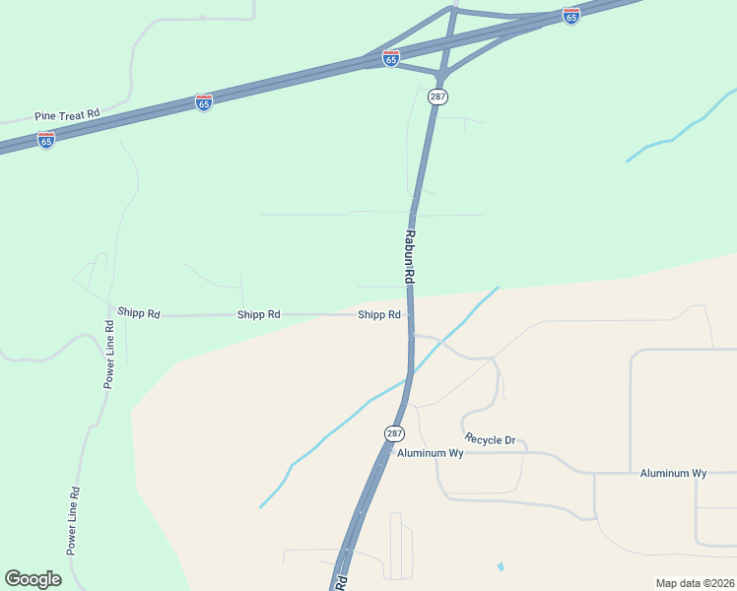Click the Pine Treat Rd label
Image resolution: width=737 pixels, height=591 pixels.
pyautogui.click(x=67, y=115)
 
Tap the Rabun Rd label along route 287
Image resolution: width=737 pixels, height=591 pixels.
pyautogui.click(x=409, y=258)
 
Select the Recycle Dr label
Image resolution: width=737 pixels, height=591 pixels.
pyautogui.click(x=490, y=439)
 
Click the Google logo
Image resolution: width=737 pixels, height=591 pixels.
pyautogui.click(x=33, y=579)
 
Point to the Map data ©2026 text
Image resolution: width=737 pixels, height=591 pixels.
pyautogui.click(x=695, y=582)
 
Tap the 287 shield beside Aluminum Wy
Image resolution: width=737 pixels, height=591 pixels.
pyautogui.click(x=394, y=433)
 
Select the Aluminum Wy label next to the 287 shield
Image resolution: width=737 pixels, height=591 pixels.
pyautogui.click(x=430, y=453)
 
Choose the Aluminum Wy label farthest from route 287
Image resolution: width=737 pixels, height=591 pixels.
pyautogui.click(x=673, y=473)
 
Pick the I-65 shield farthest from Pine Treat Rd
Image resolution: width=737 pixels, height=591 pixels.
pyautogui.click(x=570, y=16)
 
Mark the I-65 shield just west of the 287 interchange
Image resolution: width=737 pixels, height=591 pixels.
pyautogui.click(x=391, y=58)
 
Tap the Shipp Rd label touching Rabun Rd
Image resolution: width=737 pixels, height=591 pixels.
pyautogui.click(x=379, y=315)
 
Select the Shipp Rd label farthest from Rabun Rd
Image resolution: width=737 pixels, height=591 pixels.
pyautogui.click(x=139, y=313)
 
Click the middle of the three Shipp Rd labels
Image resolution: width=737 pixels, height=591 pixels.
pyautogui.click(x=259, y=314)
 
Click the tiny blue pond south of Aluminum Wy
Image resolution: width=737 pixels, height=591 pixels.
pyautogui.click(x=501, y=566)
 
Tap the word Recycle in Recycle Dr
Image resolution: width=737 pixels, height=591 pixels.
pyautogui.click(x=483, y=439)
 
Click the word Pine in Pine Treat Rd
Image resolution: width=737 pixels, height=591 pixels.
pyautogui.click(x=44, y=116)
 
